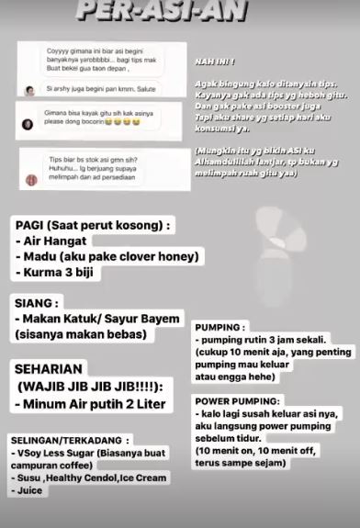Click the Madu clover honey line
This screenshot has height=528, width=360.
pyautogui.click(x=107, y=257)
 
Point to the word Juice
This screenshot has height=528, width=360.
pyautogui.click(x=31, y=491)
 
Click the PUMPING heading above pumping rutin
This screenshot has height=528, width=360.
pyautogui.click(x=220, y=327)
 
